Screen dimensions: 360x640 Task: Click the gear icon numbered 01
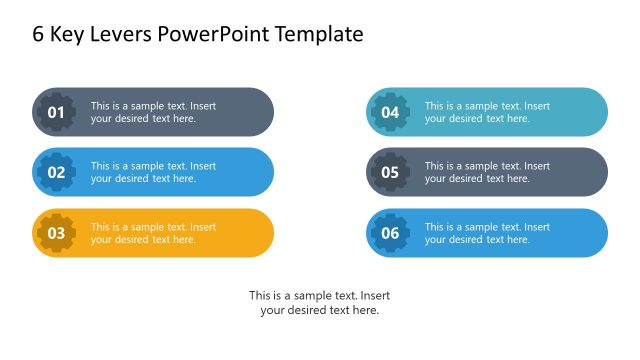[x=56, y=112]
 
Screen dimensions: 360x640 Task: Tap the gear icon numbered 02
[x=56, y=172]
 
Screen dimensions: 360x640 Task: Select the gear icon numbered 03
[x=56, y=233]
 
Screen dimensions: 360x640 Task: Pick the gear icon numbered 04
[x=390, y=112]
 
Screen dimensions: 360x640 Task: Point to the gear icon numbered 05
[x=390, y=172]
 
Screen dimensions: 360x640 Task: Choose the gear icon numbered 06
[x=390, y=233]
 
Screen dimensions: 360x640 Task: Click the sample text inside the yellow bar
[x=153, y=233]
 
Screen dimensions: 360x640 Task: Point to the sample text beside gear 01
[x=153, y=112]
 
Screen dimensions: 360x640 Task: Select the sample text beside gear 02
[x=153, y=172]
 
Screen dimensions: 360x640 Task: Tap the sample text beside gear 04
[x=487, y=112]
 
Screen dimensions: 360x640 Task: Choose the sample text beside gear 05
[x=487, y=172]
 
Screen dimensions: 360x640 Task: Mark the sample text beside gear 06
[x=487, y=233]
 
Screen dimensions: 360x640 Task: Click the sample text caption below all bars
[x=319, y=303]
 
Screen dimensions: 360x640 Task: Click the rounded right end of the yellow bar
[x=260, y=233]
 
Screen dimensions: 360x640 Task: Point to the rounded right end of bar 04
[x=594, y=112]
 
